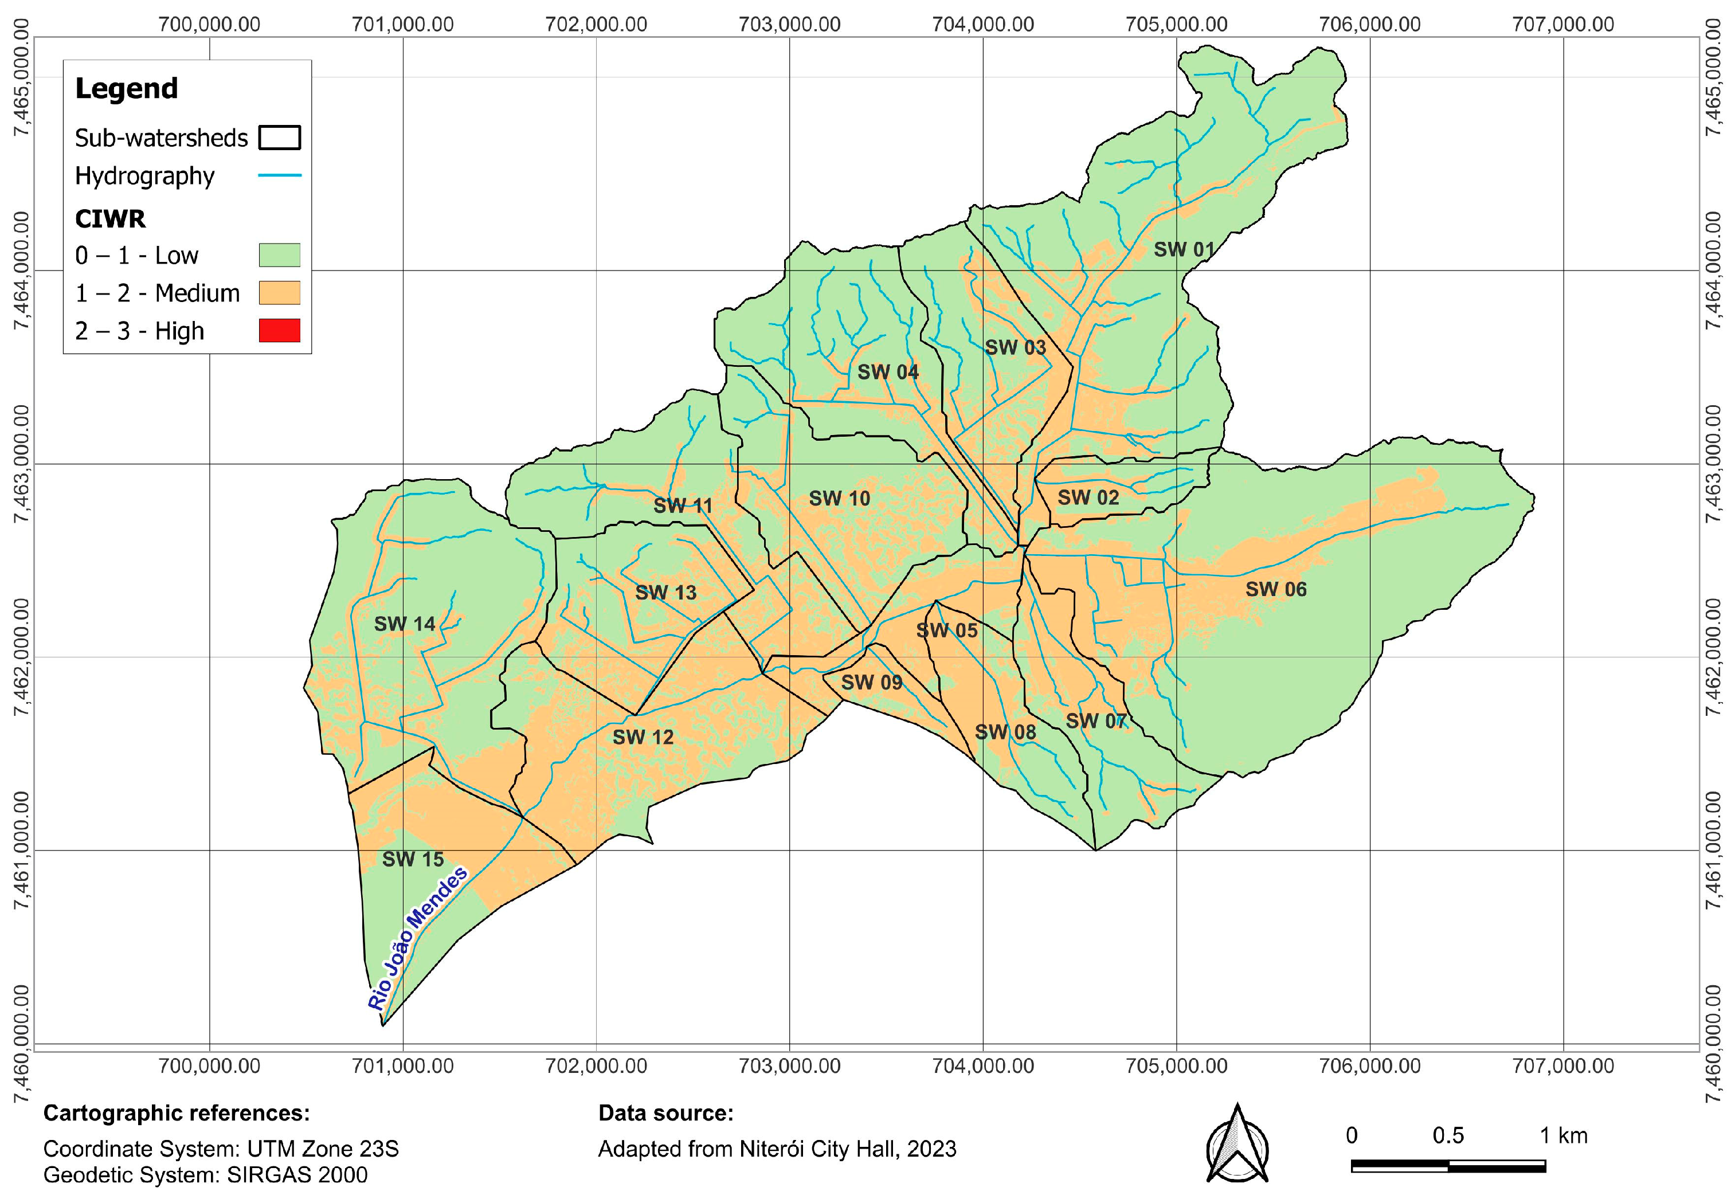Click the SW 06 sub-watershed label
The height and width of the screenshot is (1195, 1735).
[x=1275, y=589]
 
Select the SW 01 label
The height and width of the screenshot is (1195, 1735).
[x=1183, y=249]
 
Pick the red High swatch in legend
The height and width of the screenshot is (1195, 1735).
[x=279, y=330]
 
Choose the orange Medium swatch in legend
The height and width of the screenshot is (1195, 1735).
[x=279, y=293]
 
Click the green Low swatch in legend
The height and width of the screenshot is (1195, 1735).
[x=279, y=255]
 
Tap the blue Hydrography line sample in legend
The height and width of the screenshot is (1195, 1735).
[x=279, y=176]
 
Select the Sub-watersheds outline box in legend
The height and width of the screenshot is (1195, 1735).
[x=279, y=138]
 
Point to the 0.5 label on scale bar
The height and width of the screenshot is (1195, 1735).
[x=1447, y=1136]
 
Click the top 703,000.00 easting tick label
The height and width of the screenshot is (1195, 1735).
[x=789, y=24]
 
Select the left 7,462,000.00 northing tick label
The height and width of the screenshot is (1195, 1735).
[x=22, y=657]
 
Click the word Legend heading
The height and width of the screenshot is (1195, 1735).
[x=127, y=88]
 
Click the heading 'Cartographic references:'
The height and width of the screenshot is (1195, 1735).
[x=176, y=1114]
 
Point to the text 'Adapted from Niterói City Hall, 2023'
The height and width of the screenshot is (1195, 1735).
[x=777, y=1149]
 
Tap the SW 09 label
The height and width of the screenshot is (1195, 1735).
[x=871, y=682]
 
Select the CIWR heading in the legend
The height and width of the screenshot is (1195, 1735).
[x=110, y=218]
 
